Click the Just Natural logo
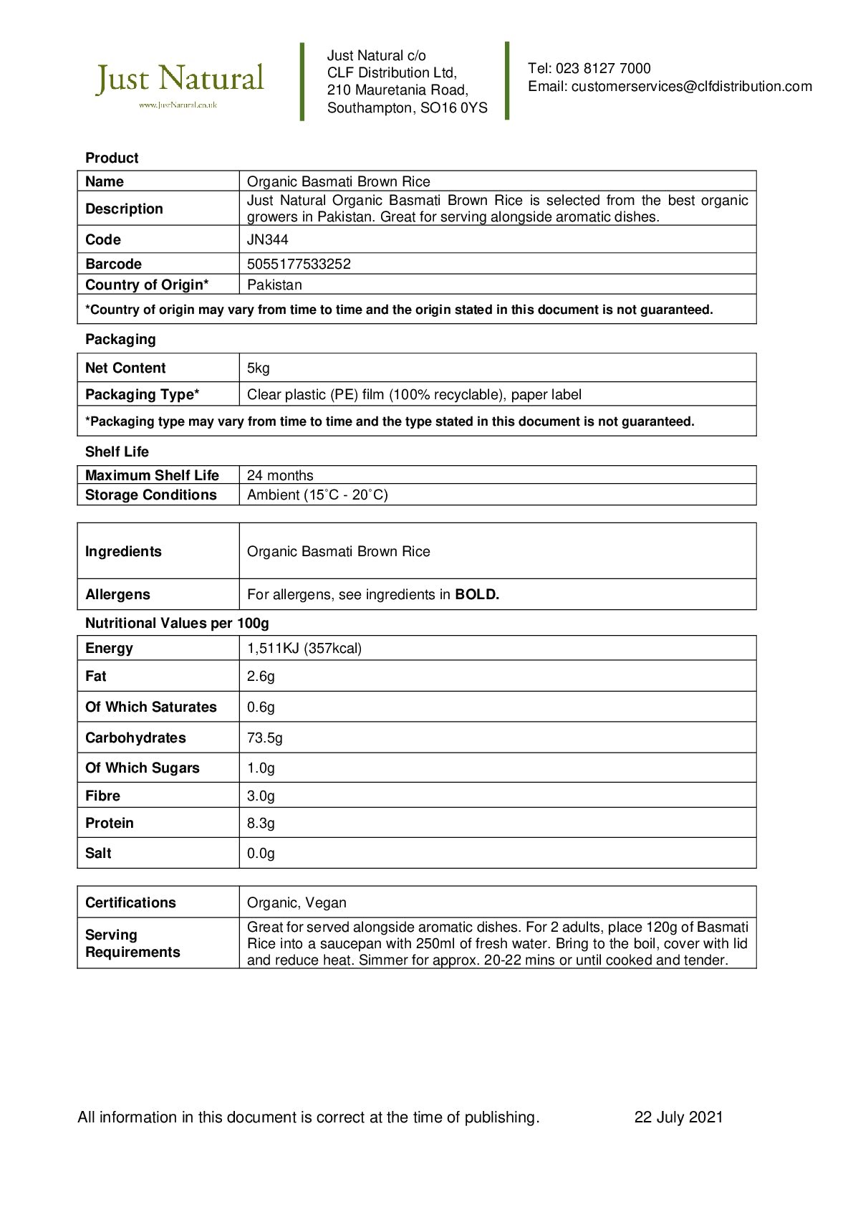180,83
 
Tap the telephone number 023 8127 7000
603,69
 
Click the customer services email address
691,87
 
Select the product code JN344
267,239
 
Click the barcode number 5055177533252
299,264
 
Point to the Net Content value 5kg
258,368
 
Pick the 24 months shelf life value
280,475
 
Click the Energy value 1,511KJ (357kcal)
304,649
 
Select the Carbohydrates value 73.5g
264,738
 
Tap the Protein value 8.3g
261,824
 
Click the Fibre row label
102,796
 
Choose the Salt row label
98,853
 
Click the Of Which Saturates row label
150,707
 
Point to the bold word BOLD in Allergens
476,594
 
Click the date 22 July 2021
678,1117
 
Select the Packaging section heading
120,340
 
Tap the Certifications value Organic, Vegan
297,903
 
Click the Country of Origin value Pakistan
274,285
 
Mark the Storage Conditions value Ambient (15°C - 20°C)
317,495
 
